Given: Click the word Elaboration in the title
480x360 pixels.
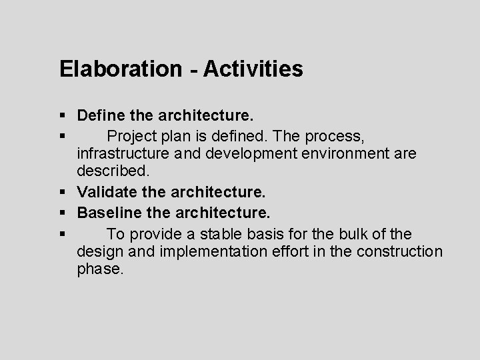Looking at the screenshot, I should click(117, 69).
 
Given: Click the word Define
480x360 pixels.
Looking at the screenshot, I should click(98, 116).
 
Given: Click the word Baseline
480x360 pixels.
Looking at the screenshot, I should click(107, 213).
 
